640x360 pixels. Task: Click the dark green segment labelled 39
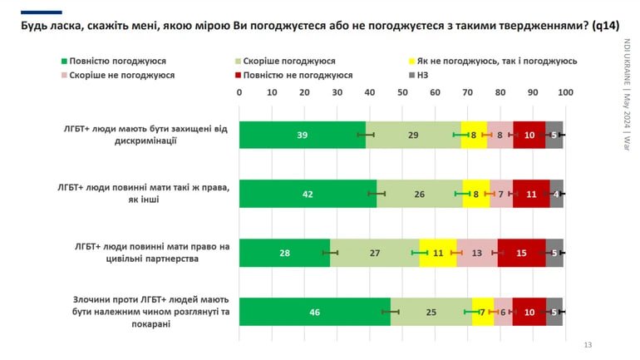pos(302,135)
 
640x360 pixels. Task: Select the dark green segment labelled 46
pos(314,312)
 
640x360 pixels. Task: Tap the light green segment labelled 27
pos(374,253)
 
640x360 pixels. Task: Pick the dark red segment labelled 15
pos(521,253)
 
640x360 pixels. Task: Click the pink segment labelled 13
pos(477,253)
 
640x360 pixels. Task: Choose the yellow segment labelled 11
pos(438,253)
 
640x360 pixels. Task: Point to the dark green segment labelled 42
pos(308,194)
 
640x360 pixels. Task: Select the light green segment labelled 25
pos(431,312)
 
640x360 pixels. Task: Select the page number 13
pos(588,345)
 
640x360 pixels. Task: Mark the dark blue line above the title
pos(42,12)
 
